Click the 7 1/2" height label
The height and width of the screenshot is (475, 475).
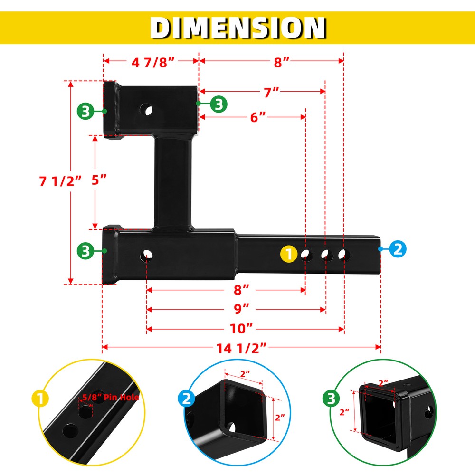pos(60,180)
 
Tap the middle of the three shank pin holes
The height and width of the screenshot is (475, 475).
pos(326,256)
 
